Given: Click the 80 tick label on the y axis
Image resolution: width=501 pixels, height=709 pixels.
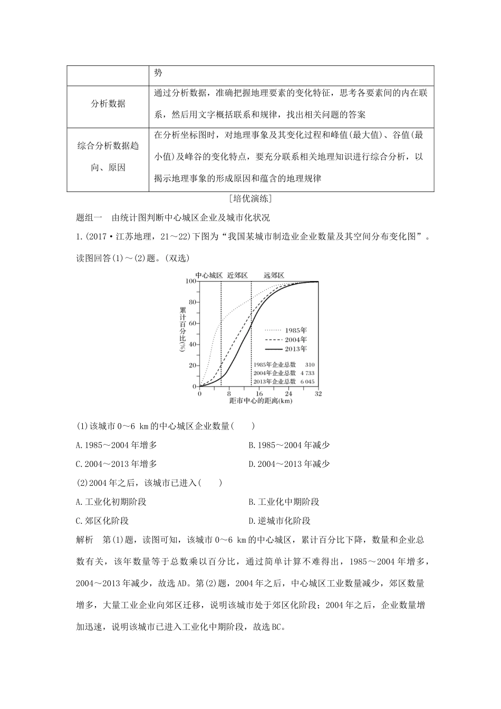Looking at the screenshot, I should click(x=192, y=302).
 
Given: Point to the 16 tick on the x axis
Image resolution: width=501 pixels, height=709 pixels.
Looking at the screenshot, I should click(x=259, y=394).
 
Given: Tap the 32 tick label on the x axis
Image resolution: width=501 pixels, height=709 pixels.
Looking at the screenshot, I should click(x=318, y=394).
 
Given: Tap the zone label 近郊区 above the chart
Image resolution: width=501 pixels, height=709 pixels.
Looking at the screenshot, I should click(x=237, y=275).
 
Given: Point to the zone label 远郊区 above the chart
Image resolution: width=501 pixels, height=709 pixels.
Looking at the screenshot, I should click(x=274, y=275).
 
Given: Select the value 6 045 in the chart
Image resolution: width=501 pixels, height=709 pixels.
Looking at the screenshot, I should click(x=307, y=381).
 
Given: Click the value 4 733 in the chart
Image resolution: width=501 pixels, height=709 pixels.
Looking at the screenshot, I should click(x=307, y=373).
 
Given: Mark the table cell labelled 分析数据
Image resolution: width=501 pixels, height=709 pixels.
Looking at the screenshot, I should click(x=109, y=104).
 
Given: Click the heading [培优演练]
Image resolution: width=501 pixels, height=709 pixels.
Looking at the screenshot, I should click(x=250, y=199).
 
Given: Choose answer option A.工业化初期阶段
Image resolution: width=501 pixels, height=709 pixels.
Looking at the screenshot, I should click(x=111, y=502).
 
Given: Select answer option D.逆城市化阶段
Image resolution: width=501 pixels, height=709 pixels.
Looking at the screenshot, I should click(x=280, y=521).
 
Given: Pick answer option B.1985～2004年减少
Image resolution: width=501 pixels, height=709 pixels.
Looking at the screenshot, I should click(x=289, y=445).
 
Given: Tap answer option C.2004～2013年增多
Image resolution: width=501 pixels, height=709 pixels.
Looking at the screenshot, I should click(x=117, y=464).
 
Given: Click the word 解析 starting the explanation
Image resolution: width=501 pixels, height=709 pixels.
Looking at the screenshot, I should click(x=85, y=540).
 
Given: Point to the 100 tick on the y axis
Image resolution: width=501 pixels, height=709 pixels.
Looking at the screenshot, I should click(x=191, y=281).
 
